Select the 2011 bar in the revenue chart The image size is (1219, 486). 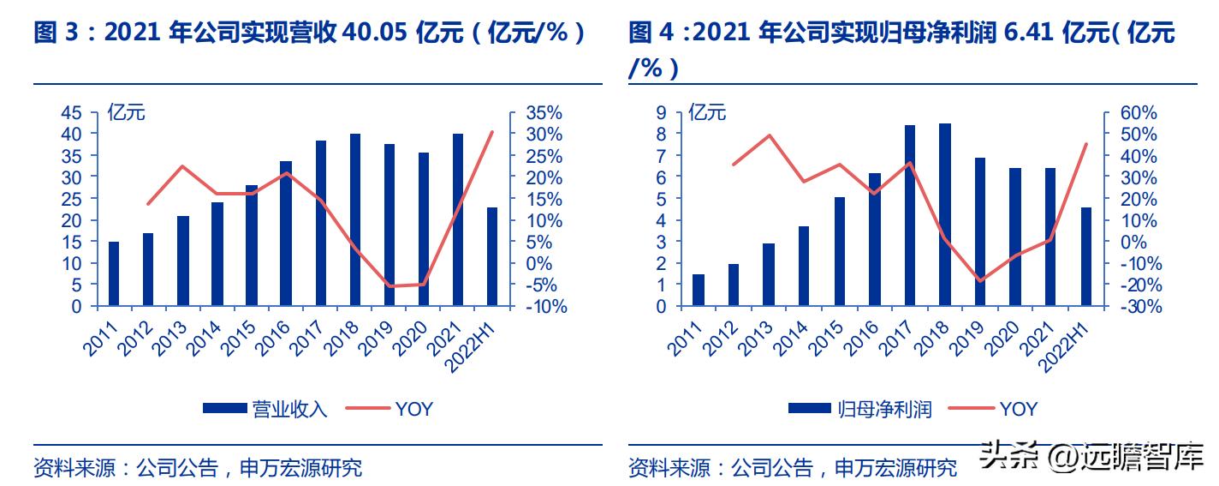114,273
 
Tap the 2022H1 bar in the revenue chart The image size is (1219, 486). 492,256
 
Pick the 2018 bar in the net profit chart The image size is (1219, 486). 944,214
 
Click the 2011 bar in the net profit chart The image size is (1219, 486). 699,290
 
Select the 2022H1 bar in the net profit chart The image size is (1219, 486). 1085,256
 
